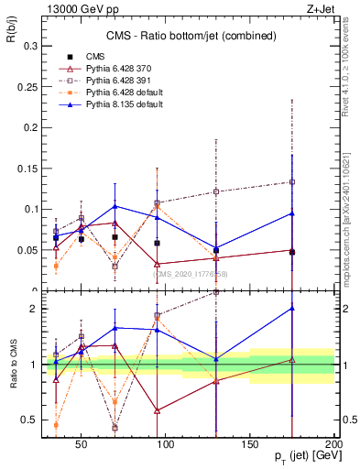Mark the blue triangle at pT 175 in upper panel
click(x=292, y=213)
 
